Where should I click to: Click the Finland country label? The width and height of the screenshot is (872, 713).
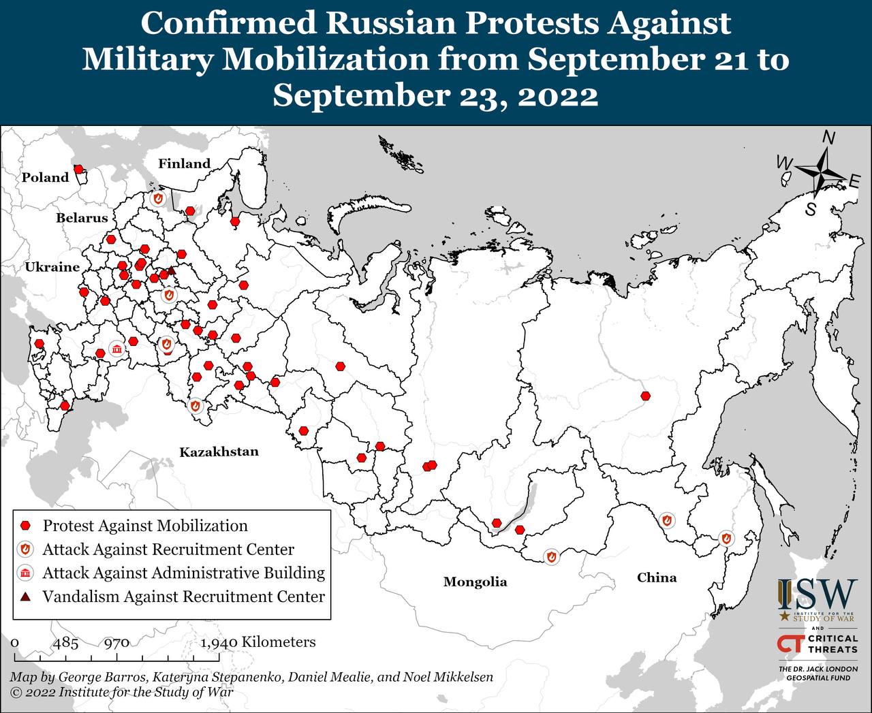pyautogui.click(x=184, y=163)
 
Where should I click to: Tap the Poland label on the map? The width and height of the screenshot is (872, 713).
pyautogui.click(x=46, y=178)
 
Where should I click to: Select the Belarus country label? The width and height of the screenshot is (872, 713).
pyautogui.click(x=82, y=218)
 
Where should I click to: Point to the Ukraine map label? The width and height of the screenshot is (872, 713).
pyautogui.click(x=52, y=267)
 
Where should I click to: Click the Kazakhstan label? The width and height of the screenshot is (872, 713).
pyautogui.click(x=219, y=451)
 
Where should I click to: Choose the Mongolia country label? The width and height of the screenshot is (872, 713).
pyautogui.click(x=475, y=582)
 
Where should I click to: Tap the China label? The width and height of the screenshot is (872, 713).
pyautogui.click(x=657, y=577)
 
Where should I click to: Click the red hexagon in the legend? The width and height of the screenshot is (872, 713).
pyautogui.click(x=26, y=526)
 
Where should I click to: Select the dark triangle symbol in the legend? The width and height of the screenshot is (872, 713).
pyautogui.click(x=26, y=597)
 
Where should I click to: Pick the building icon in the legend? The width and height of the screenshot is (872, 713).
pyautogui.click(x=26, y=573)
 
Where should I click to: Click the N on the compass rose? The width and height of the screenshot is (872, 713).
pyautogui.click(x=828, y=138)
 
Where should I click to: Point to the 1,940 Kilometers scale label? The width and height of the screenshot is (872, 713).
pyautogui.click(x=258, y=642)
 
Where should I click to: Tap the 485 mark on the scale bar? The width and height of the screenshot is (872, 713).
pyautogui.click(x=66, y=642)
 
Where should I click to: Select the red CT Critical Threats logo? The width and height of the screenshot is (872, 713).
pyautogui.click(x=790, y=644)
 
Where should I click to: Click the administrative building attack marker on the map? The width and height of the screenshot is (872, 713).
pyautogui.click(x=117, y=350)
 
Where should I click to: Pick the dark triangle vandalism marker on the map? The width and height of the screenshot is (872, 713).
pyautogui.click(x=171, y=271)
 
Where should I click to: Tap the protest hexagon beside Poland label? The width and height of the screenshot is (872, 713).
pyautogui.click(x=79, y=169)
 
